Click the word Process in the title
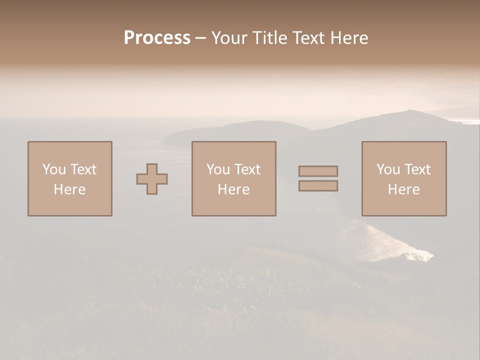(x=157, y=38)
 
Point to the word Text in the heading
(x=308, y=38)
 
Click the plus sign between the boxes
(x=152, y=178)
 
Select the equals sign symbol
(x=318, y=178)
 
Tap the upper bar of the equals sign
(x=318, y=171)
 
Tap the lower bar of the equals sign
(x=318, y=185)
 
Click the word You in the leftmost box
(x=54, y=169)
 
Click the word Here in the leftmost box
(x=69, y=189)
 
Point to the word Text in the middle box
(x=247, y=169)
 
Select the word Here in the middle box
(x=233, y=189)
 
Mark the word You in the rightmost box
(x=388, y=169)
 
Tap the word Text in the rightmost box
(x=417, y=169)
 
